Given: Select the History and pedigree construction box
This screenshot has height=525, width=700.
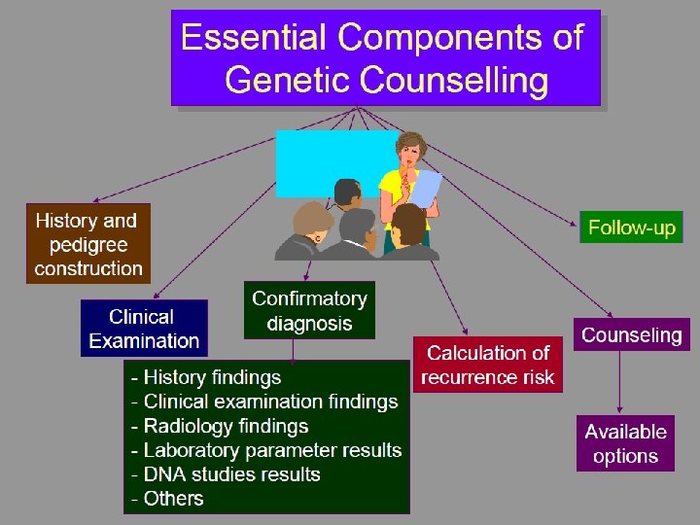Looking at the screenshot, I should click(x=88, y=244).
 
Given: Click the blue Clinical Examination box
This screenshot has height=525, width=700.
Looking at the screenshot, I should click(x=144, y=329).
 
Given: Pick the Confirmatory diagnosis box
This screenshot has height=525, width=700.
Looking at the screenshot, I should click(x=309, y=310).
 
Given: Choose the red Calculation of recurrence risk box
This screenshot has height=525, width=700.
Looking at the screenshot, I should click(x=487, y=365).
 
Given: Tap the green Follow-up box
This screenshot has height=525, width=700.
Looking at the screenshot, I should click(x=631, y=228).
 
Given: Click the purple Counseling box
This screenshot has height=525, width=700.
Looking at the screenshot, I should click(x=631, y=335).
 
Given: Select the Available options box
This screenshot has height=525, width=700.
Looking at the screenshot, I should click(x=625, y=444).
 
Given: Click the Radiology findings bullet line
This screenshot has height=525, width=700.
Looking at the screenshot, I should click(x=220, y=426).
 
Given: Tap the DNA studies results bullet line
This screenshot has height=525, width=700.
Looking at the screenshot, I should click(x=226, y=474).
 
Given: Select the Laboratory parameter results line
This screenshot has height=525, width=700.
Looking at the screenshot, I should click(x=266, y=450).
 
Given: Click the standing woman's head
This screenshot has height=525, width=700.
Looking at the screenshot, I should click(x=410, y=149).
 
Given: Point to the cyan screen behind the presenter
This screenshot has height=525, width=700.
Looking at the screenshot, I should click(x=321, y=160).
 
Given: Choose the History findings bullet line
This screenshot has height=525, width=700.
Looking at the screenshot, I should click(x=206, y=377).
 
